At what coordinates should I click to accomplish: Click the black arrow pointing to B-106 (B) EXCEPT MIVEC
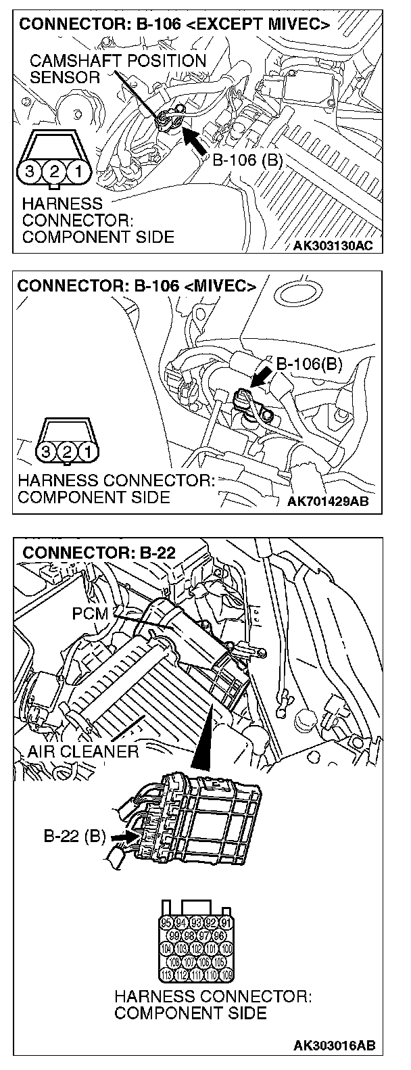tap(195, 141)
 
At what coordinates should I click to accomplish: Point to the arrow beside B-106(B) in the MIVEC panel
tap(260, 376)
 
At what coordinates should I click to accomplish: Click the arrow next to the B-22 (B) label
tap(121, 837)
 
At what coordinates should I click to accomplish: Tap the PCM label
tap(89, 614)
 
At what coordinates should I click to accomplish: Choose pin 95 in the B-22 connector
tap(166, 923)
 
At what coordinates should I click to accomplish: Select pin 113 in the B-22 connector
tap(166, 975)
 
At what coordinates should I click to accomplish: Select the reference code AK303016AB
tap(333, 1046)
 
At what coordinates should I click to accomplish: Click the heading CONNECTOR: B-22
tap(99, 553)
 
